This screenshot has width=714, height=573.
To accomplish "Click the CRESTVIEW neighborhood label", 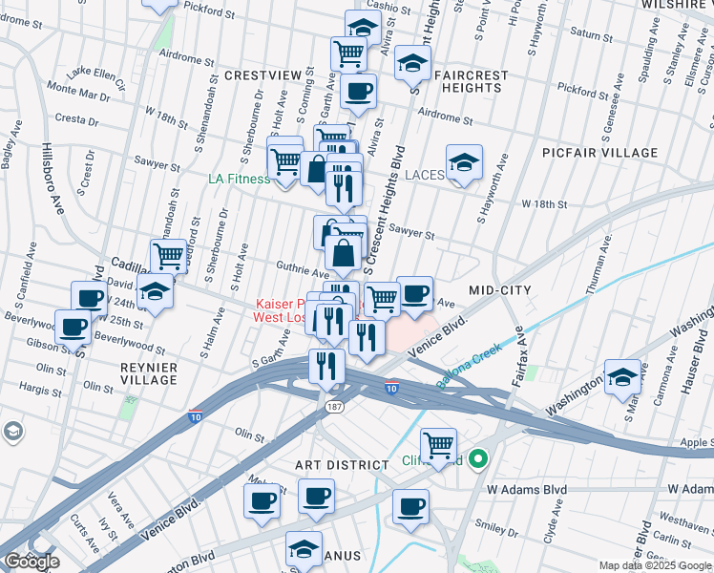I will (x=262, y=74).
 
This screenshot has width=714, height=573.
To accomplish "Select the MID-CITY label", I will (x=499, y=288).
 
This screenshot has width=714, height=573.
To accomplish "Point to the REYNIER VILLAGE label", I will (x=148, y=372).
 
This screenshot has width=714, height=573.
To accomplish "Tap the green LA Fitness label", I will (x=240, y=179).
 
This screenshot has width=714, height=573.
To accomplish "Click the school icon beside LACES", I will (x=464, y=162).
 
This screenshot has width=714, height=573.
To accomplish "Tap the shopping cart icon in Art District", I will (x=438, y=444).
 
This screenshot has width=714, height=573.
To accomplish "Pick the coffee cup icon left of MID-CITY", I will (x=414, y=293).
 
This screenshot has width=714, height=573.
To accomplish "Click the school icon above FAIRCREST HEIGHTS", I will (x=412, y=63).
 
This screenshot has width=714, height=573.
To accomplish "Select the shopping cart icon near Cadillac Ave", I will (x=168, y=256).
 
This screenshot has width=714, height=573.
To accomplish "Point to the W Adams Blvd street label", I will (x=527, y=489).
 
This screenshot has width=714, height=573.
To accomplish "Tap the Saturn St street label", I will (x=592, y=34).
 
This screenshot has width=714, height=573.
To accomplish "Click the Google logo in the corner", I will (x=32, y=562).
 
